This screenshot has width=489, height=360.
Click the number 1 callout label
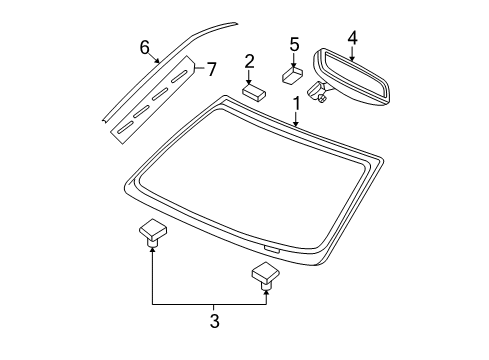tap(297, 103)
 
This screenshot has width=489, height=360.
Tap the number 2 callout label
tap(250, 62)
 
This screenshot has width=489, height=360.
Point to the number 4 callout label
tap(352, 38)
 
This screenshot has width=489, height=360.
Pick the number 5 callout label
tap(294, 44)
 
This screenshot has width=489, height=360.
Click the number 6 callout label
tap(145, 47)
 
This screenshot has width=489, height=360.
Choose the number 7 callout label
tap(210, 68)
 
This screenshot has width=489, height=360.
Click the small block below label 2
tap(252, 90)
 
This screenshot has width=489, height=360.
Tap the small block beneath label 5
tap(292, 73)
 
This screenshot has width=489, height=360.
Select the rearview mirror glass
tap(355, 75)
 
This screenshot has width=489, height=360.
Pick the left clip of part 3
tap(152, 258)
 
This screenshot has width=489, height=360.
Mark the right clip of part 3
tap(265, 274)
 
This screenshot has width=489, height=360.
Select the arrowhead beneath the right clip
tap(266, 292)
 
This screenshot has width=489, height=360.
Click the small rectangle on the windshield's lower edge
tap(270, 246)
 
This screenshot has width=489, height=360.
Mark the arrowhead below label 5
tap(294, 63)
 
